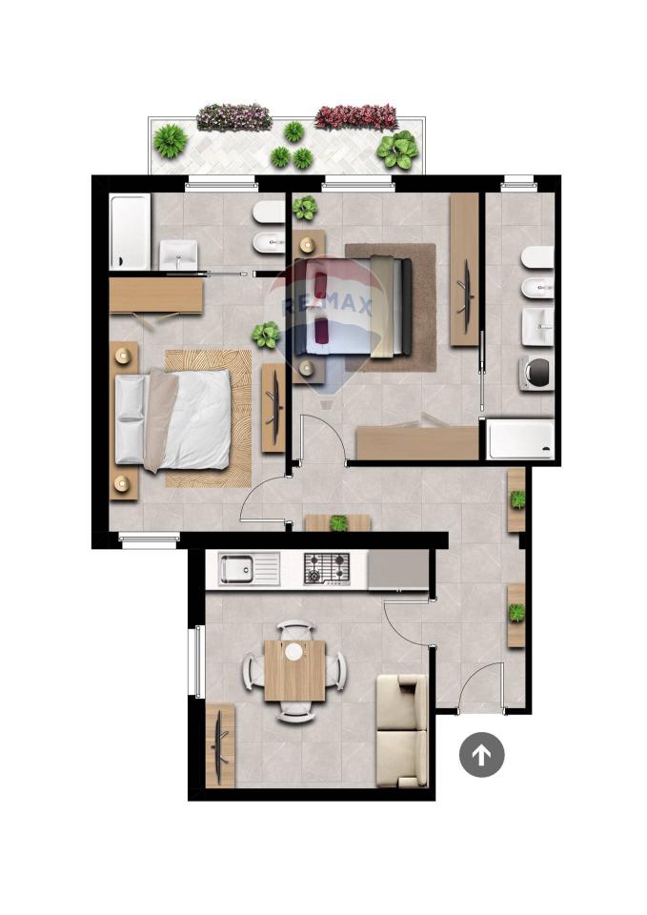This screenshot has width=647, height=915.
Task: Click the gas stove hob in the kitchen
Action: [x=327, y=569]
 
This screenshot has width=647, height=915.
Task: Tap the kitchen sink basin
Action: [x=236, y=570]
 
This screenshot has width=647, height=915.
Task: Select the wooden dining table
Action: [x=295, y=670]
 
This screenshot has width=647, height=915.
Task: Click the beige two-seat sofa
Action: [x=402, y=731]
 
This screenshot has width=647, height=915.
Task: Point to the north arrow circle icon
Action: [x=481, y=755]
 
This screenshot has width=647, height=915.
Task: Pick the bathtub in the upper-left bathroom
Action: [x=130, y=232]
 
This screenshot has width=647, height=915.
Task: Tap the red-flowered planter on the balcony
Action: [x=355, y=117]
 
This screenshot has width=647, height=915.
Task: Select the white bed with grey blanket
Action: [x=173, y=420]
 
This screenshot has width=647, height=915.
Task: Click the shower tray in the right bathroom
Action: [x=520, y=438]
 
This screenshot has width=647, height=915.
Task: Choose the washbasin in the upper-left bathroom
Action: [x=178, y=254]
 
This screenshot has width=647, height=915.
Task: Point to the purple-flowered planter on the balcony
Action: [x=234, y=116]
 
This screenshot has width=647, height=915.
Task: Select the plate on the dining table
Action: [x=294, y=651]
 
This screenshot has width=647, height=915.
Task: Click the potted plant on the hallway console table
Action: [x=339, y=523]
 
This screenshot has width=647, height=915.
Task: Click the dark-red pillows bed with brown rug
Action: [x=355, y=307]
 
